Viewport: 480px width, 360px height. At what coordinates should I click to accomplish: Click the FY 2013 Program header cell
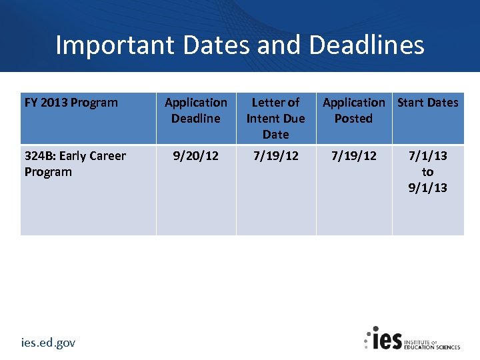[71, 103]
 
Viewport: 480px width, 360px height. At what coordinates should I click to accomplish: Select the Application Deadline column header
[195, 111]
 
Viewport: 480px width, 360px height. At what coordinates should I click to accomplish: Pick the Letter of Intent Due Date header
[275, 118]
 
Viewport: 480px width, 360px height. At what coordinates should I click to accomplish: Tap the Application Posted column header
[353, 111]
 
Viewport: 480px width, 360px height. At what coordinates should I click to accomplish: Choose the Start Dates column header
[428, 103]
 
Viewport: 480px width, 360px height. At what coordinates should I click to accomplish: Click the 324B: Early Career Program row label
[75, 164]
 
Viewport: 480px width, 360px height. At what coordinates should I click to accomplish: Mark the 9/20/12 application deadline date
[195, 156]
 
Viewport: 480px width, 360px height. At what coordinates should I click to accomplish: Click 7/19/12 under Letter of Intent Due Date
[275, 156]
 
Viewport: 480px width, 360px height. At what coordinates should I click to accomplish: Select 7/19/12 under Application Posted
[353, 156]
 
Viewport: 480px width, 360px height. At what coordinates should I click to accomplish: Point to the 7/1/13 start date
[428, 156]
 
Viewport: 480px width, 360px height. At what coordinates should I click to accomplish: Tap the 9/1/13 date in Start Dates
[428, 188]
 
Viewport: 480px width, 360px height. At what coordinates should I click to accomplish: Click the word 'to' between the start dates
[428, 172]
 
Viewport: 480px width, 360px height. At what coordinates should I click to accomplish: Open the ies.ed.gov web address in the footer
[48, 343]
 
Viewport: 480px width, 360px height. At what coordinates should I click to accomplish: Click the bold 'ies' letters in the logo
[387, 339]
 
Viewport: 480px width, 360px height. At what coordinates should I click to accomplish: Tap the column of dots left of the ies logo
[367, 339]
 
